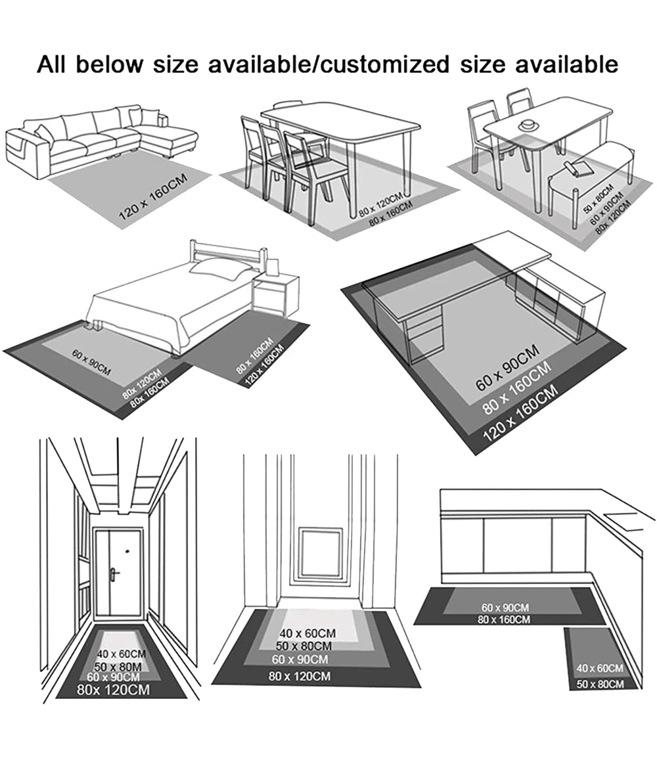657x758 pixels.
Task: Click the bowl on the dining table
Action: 528,125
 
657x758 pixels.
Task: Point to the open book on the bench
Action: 579,167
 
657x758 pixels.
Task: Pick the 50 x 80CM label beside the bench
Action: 598,198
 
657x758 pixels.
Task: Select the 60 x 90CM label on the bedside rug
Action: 91,363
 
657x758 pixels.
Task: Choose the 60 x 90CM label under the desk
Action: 507,368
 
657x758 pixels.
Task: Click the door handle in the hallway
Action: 114,574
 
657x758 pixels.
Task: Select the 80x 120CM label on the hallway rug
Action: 113,689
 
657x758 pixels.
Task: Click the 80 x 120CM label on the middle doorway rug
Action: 300,676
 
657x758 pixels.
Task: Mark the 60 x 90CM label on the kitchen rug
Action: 505,608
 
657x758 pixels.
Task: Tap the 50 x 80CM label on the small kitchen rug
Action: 600,684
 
